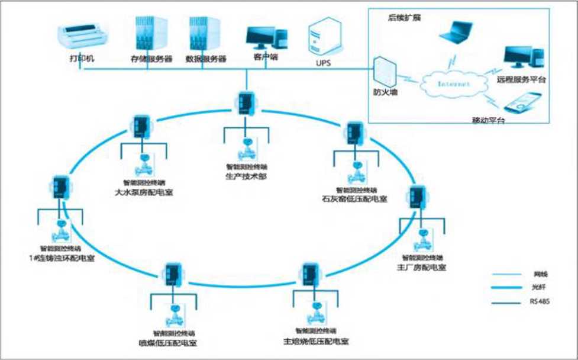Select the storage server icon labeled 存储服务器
pos(145,34)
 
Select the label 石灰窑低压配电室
pos(355,199)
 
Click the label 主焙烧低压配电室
pos(316,342)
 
